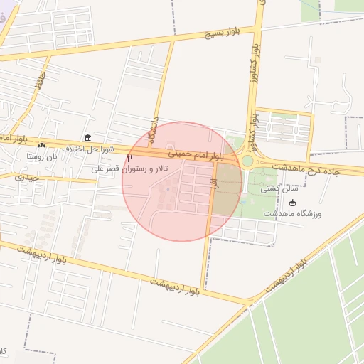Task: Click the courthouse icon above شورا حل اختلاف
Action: point(87,137)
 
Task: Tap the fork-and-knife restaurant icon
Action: point(129,157)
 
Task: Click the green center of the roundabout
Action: point(247,161)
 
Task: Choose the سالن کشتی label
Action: point(275,188)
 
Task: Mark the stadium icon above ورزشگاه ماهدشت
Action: point(292,203)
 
